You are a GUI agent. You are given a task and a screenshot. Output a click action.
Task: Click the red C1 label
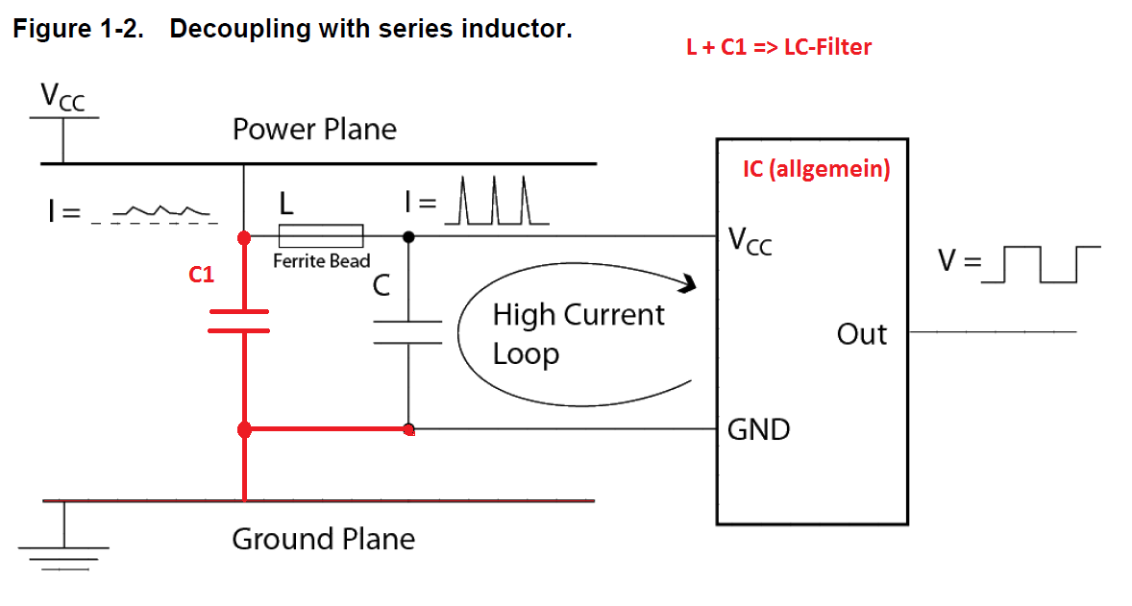[x=201, y=276]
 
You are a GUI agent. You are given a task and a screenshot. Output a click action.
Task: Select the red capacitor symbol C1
[x=238, y=321]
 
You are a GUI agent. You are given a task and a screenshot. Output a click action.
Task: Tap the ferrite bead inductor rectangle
[x=321, y=236]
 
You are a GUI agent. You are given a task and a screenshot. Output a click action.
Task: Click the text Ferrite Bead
[x=321, y=261]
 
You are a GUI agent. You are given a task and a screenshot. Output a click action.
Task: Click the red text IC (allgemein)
[x=816, y=170]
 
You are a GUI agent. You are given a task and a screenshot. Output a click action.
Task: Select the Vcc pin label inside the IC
[x=751, y=240]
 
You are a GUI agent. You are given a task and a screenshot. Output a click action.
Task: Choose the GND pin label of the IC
[x=758, y=429]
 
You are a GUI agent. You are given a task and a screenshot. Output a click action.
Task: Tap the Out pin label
[x=861, y=334]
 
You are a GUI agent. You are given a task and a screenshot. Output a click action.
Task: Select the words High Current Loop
[x=578, y=333]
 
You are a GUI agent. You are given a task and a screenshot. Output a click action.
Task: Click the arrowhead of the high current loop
[x=686, y=283]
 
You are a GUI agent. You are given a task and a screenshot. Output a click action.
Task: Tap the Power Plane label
[x=314, y=130]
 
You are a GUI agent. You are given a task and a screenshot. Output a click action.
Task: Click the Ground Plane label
[x=323, y=540]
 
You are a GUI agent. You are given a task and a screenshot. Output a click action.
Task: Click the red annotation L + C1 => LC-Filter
[x=778, y=47]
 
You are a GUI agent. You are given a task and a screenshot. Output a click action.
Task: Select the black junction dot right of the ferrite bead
[x=408, y=236]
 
